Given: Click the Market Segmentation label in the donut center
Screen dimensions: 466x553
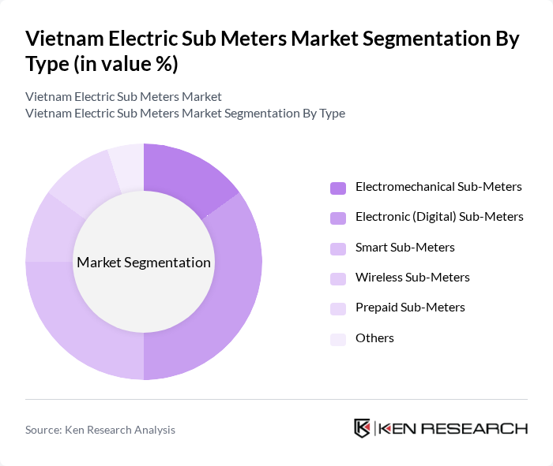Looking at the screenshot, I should tap(144, 263).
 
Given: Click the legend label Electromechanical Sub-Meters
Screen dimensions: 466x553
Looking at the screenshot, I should tap(438, 187).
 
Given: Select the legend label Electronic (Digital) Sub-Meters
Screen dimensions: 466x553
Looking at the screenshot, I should tap(439, 216).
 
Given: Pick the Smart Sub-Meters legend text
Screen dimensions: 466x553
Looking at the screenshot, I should tap(405, 247).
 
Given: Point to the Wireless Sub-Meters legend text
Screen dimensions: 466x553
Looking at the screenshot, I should tap(412, 277).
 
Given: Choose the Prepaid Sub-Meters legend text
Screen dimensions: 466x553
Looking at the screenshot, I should tap(410, 307).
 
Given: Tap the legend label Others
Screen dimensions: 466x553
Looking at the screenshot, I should tap(374, 337).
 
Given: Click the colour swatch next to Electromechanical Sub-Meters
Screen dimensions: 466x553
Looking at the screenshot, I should tap(338, 188).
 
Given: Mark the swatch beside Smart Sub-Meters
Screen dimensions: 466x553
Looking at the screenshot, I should tap(338, 248).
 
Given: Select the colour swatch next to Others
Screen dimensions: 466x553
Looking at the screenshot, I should tap(338, 338).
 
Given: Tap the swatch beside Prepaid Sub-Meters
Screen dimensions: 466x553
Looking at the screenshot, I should tap(338, 308).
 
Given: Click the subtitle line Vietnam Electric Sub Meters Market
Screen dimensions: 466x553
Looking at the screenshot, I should tap(123, 97).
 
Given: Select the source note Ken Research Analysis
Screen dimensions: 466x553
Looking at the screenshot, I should tap(100, 430).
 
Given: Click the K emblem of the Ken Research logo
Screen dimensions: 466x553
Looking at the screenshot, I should tap(363, 428).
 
